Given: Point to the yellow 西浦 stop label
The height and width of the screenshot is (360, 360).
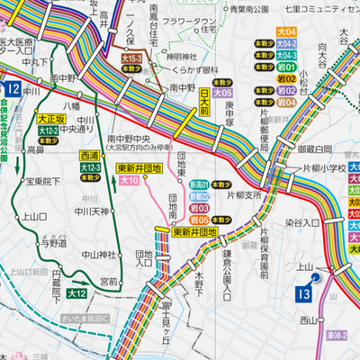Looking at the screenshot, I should tap(88, 155).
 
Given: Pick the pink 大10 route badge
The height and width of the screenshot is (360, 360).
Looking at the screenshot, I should tap(128, 181).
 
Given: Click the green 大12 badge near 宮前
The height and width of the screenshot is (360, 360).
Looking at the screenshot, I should tap(77, 293).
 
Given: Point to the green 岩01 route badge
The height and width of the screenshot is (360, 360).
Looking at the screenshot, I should tap(262, 67).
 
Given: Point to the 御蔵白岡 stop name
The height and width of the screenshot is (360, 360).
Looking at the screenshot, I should tap(314, 148).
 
